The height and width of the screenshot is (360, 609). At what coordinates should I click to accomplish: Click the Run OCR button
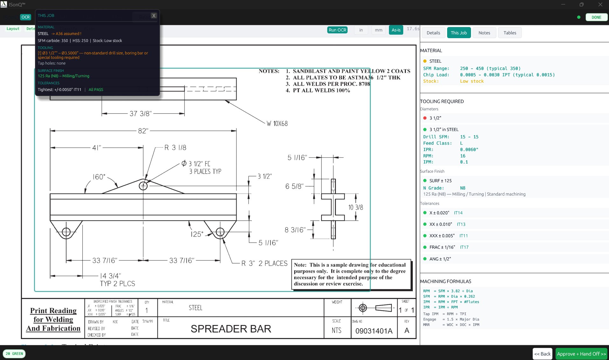pos(337,30)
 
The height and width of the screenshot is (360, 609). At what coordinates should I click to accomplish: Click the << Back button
pos(542,354)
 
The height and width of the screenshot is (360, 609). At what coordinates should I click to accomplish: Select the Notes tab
pos(484,33)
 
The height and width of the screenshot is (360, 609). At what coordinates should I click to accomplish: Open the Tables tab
pos(509,33)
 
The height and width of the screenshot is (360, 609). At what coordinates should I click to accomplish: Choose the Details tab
pos(433,33)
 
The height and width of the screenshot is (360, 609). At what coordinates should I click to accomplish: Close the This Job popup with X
pos(154,16)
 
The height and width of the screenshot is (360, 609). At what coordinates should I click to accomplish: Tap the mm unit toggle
pos(378,30)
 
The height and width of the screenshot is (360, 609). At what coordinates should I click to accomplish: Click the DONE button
pos(596,17)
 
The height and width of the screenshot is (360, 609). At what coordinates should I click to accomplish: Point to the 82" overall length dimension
pos(143,131)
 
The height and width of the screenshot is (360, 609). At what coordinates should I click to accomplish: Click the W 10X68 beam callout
pos(277,124)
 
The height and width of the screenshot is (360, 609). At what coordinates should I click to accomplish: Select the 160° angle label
pos(99,177)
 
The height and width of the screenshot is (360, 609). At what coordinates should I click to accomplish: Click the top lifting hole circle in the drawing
pos(143,186)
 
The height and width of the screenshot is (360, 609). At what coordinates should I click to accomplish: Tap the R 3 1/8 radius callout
pos(175,148)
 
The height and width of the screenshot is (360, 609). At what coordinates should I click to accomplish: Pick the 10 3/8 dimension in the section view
pos(356,207)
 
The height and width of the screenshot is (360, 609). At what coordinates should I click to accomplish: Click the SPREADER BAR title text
pos(231,329)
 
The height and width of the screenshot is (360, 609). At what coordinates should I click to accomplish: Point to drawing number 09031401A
pos(374,331)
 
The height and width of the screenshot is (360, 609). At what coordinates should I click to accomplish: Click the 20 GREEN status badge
pos(14,354)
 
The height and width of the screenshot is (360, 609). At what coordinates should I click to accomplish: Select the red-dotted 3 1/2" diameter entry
pos(435,118)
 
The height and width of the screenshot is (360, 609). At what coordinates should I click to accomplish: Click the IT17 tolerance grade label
pos(464,247)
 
